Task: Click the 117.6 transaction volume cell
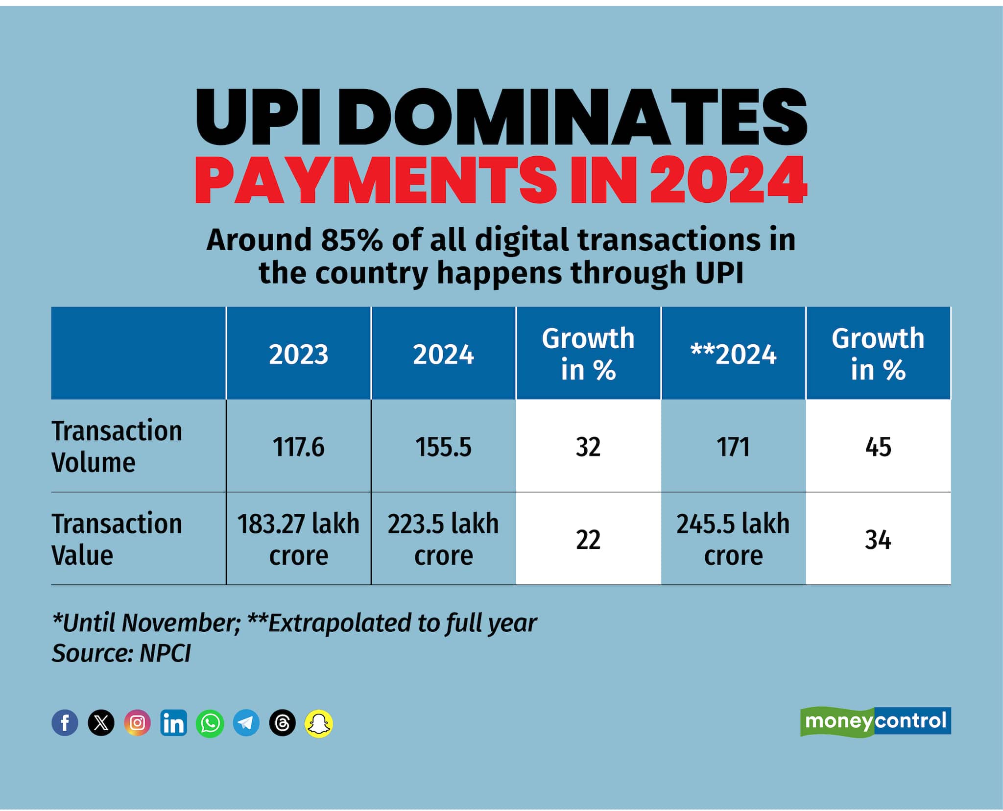[x=298, y=447]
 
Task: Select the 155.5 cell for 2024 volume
[x=443, y=447]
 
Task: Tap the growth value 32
[x=588, y=447]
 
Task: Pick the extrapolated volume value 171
[x=733, y=447]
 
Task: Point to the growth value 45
[x=878, y=447]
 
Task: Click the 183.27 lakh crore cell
[x=298, y=539]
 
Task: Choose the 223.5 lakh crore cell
[x=443, y=539]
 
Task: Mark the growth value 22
[x=588, y=540]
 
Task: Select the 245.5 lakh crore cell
[x=733, y=539]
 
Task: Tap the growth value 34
[x=878, y=540]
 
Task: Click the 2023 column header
[x=298, y=354]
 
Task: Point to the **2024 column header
[x=733, y=354]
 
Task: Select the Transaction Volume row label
[x=117, y=447]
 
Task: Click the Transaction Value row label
[x=117, y=539]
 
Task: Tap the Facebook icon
[x=65, y=722]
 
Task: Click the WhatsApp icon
[x=210, y=723]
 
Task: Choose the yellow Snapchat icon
[x=319, y=723]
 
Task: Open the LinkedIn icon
[x=173, y=722]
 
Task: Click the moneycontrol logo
[x=875, y=721]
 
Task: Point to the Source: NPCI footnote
[x=121, y=653]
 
